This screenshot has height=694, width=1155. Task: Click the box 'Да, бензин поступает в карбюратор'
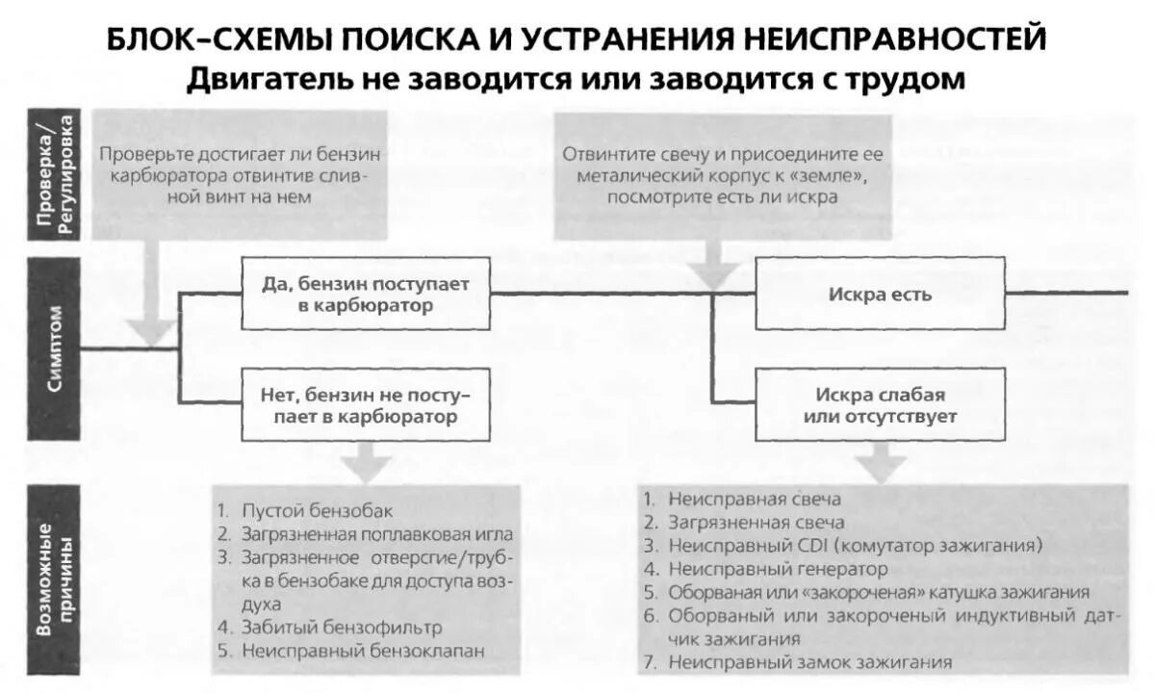(366, 294)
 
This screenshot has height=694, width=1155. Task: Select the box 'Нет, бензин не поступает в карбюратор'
(366, 405)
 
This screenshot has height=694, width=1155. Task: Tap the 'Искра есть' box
(880, 294)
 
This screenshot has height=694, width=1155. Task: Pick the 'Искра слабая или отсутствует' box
(880, 405)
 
